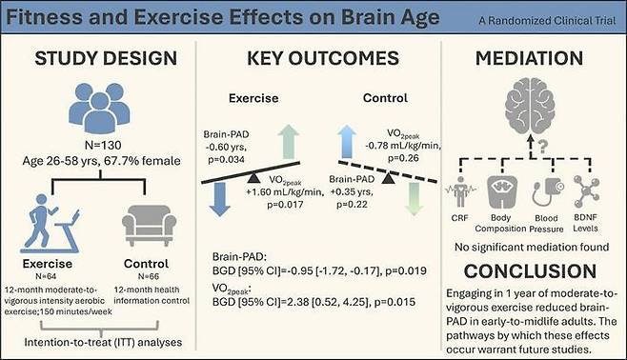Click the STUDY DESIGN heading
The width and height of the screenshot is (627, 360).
tap(106, 58)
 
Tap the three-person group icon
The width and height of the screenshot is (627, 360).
tap(99, 108)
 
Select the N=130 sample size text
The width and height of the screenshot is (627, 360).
tap(103, 145)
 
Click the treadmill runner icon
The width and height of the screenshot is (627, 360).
tap(50, 223)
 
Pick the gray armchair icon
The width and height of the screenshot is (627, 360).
tap(149, 225)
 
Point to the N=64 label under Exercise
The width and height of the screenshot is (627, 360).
tap(46, 276)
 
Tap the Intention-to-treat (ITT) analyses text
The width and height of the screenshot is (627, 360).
tap(103, 343)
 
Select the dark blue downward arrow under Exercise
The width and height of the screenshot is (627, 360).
tap(219, 199)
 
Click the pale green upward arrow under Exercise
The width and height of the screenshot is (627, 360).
tap(289, 142)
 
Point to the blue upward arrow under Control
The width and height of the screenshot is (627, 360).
tap(347, 142)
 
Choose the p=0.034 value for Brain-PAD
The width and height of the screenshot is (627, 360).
tap(227, 160)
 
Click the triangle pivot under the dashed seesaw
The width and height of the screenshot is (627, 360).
tap(388, 178)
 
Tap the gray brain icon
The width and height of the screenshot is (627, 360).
tap(530, 106)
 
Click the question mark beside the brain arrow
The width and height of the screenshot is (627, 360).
tap(542, 147)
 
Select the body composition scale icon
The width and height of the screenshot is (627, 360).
tap(502, 191)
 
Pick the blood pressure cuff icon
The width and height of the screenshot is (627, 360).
tap(548, 191)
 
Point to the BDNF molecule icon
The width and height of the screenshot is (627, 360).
tap(586, 190)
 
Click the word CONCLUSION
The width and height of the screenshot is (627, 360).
tap(530, 271)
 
